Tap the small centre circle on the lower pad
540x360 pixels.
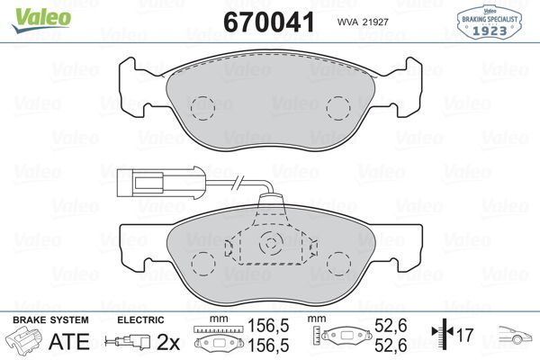point(270,243)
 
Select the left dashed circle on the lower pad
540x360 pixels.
point(202,263)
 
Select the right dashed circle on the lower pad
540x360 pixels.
point(339,263)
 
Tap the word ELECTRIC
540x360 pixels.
point(141,320)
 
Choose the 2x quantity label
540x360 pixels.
point(168,342)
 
